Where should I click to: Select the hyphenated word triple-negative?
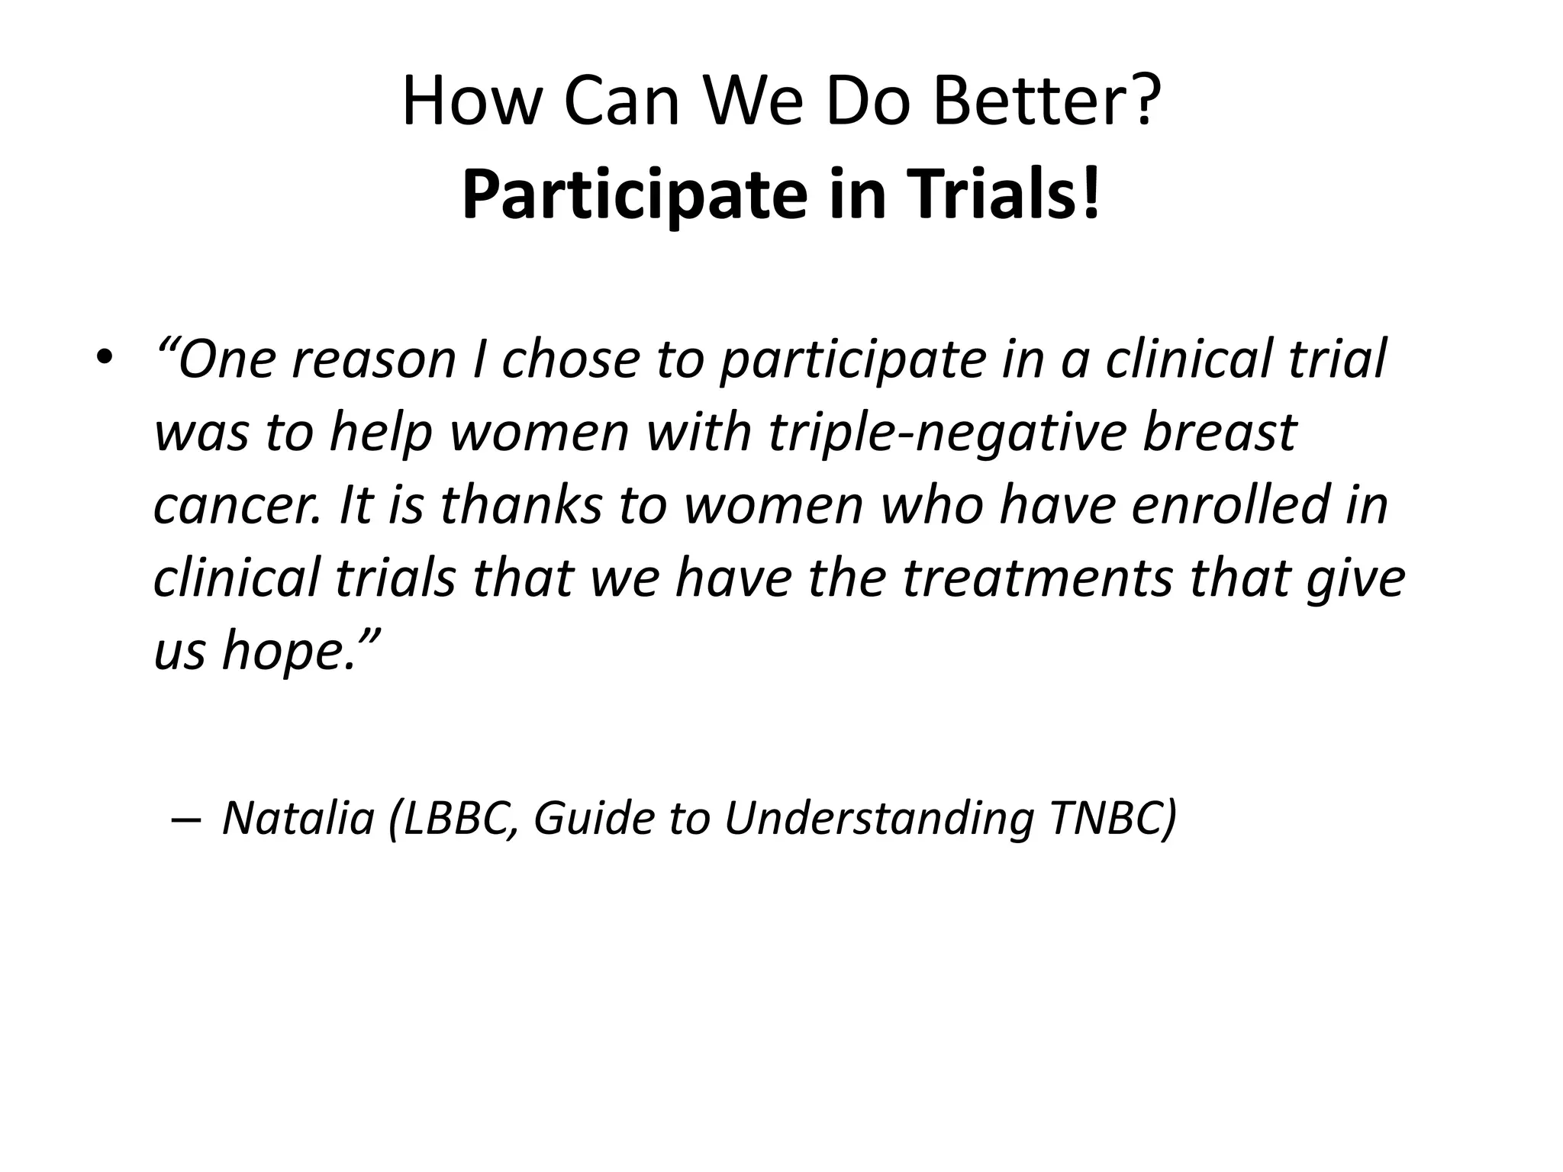(946, 432)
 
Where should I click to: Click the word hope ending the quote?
(286, 652)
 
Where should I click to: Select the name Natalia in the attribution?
(298, 818)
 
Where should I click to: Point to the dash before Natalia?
(186, 819)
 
